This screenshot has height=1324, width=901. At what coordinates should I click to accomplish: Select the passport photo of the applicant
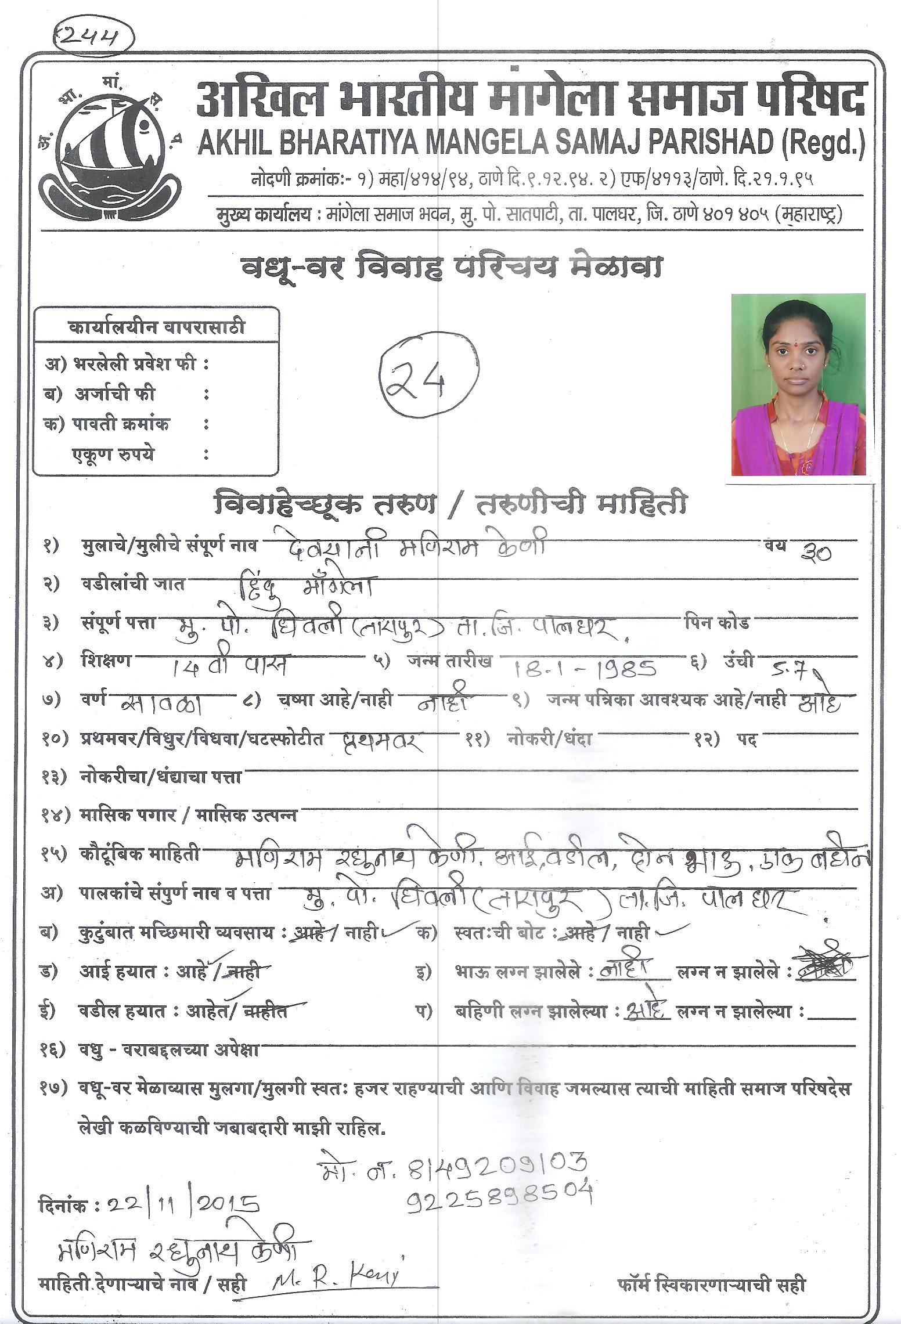click(798, 385)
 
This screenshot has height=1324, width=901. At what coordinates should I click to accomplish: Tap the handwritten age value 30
click(815, 551)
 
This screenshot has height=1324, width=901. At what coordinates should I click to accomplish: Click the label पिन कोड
click(717, 623)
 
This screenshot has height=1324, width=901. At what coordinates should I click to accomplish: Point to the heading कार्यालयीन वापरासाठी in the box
click(156, 327)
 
